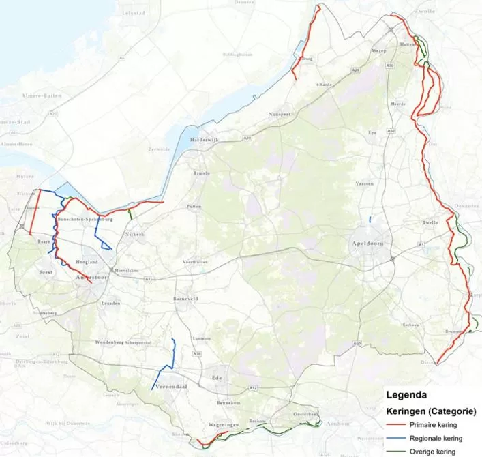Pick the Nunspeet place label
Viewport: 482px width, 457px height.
280,114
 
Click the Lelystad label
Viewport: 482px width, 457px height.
134,12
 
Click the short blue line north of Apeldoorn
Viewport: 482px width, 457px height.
370,220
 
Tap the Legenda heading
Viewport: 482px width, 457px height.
407,394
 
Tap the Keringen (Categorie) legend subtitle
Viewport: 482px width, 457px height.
431,411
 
